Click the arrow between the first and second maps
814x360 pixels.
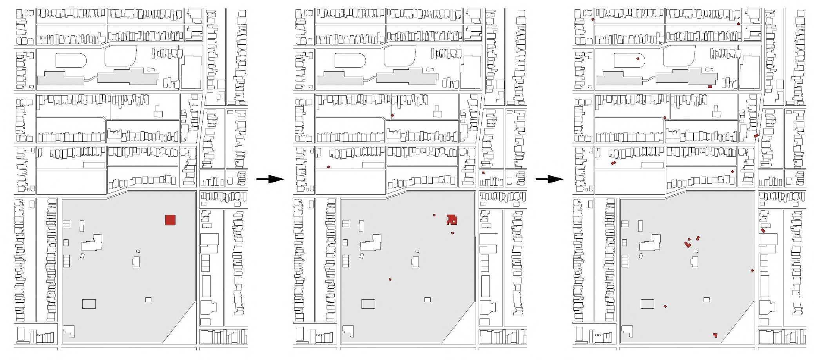point(270,179)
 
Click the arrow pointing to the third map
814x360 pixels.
point(549,179)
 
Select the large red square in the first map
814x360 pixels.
point(170,220)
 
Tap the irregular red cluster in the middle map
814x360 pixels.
point(452,220)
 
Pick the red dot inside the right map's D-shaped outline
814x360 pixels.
point(638,59)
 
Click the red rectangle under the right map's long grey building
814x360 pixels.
point(710,87)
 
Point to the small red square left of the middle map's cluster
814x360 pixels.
point(434,215)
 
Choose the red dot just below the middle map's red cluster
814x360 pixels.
point(452,233)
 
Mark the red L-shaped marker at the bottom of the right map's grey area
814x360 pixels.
point(715,335)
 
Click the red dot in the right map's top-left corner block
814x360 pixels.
point(593,19)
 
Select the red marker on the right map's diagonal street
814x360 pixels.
point(756,136)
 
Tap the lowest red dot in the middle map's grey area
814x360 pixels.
point(390,279)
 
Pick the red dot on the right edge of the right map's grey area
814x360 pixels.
point(752,270)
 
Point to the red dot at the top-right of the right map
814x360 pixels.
point(738,24)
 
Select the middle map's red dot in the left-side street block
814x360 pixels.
point(328,167)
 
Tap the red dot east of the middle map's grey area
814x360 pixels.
point(483,173)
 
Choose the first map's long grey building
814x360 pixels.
point(102,77)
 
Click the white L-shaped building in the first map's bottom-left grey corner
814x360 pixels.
point(69,331)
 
